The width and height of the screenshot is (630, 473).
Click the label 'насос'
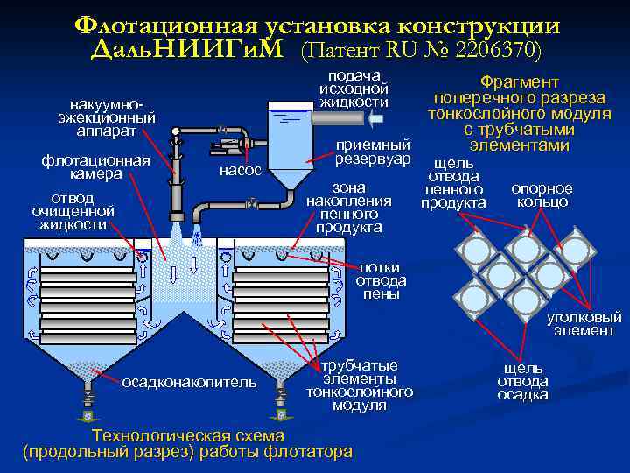point(240,170)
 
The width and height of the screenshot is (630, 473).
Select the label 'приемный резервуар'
point(373,152)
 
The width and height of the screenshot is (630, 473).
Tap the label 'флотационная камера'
point(96,166)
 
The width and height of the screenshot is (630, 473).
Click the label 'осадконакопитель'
point(189,381)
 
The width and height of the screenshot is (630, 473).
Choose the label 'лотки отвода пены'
point(381,280)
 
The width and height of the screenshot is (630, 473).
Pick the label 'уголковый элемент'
point(584,323)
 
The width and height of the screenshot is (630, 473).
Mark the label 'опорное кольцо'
point(542,194)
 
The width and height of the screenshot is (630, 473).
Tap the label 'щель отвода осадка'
point(522,381)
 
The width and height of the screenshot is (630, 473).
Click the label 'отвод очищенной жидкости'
point(73,211)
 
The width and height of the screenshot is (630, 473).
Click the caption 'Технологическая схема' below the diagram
point(188,435)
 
